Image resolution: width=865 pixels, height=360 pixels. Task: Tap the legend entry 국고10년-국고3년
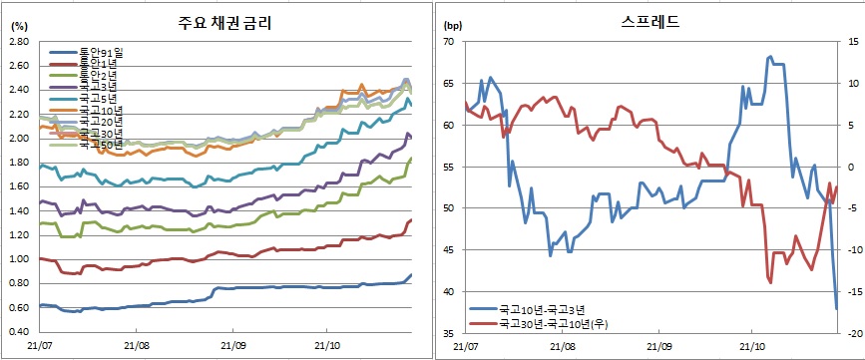[545, 310]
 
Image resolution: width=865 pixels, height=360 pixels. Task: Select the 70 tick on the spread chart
[447, 42]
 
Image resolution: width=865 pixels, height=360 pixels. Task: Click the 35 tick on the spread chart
[447, 333]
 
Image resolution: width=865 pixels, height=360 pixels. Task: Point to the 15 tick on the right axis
[850, 42]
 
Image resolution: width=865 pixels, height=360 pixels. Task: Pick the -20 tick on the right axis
[850, 333]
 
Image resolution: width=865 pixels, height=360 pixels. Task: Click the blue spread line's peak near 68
[770, 57]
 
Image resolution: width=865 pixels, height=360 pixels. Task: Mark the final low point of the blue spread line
[836, 308]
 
